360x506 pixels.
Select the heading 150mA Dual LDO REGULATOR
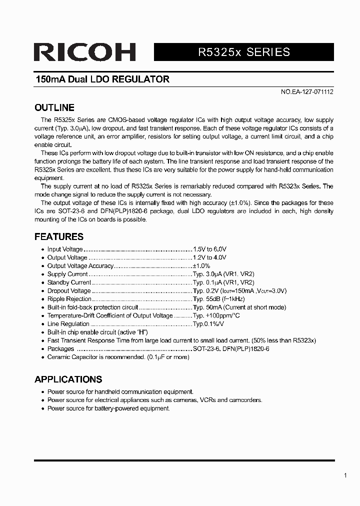102,79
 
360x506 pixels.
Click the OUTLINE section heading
54,107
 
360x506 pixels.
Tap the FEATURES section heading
58,236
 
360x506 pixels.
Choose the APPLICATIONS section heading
68,379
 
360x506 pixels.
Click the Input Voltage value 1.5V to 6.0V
210,249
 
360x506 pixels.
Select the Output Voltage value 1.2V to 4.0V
210,257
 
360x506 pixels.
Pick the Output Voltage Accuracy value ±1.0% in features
201,266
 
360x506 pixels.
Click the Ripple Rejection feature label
69,299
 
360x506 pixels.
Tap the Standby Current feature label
69,282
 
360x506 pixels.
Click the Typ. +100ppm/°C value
216,315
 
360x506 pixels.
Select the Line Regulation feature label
68,324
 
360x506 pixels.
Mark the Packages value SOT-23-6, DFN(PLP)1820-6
231,349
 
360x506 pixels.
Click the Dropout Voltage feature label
69,291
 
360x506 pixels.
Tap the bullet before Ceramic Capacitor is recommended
42,357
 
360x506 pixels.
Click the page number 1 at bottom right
345,475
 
